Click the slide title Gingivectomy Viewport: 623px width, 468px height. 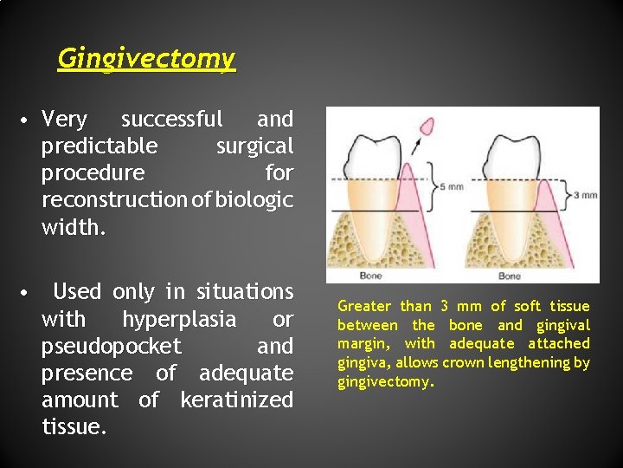click(x=145, y=59)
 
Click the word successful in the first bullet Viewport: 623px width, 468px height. click(x=171, y=119)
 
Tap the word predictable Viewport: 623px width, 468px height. click(x=100, y=146)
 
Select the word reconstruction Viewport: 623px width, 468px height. click(x=112, y=199)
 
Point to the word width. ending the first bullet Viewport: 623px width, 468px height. click(x=75, y=226)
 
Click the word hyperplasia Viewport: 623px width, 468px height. click(x=178, y=319)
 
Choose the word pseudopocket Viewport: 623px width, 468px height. click(x=111, y=346)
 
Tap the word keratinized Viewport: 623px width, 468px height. click(x=236, y=400)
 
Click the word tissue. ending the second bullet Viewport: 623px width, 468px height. click(x=74, y=426)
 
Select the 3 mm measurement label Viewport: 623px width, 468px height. click(x=586, y=195)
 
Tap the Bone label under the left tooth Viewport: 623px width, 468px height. click(x=370, y=276)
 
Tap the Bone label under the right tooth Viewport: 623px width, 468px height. click(x=510, y=276)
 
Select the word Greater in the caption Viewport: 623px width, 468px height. click(x=364, y=306)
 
